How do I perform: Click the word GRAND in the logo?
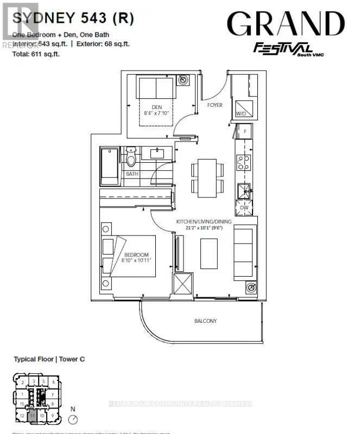[286, 24]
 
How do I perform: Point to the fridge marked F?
[245, 131]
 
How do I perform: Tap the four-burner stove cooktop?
[244, 162]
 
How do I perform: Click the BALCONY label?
[206, 321]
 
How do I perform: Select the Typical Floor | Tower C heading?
[49, 359]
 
